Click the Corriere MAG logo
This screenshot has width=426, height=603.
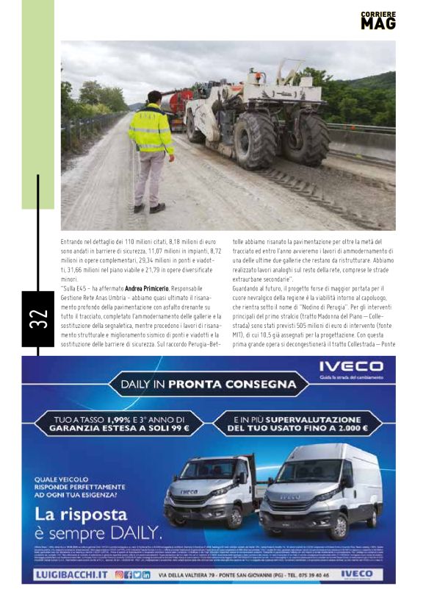click(x=378, y=21)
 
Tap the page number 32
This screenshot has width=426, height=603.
click(x=38, y=318)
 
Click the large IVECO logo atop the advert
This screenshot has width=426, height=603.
click(x=351, y=365)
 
